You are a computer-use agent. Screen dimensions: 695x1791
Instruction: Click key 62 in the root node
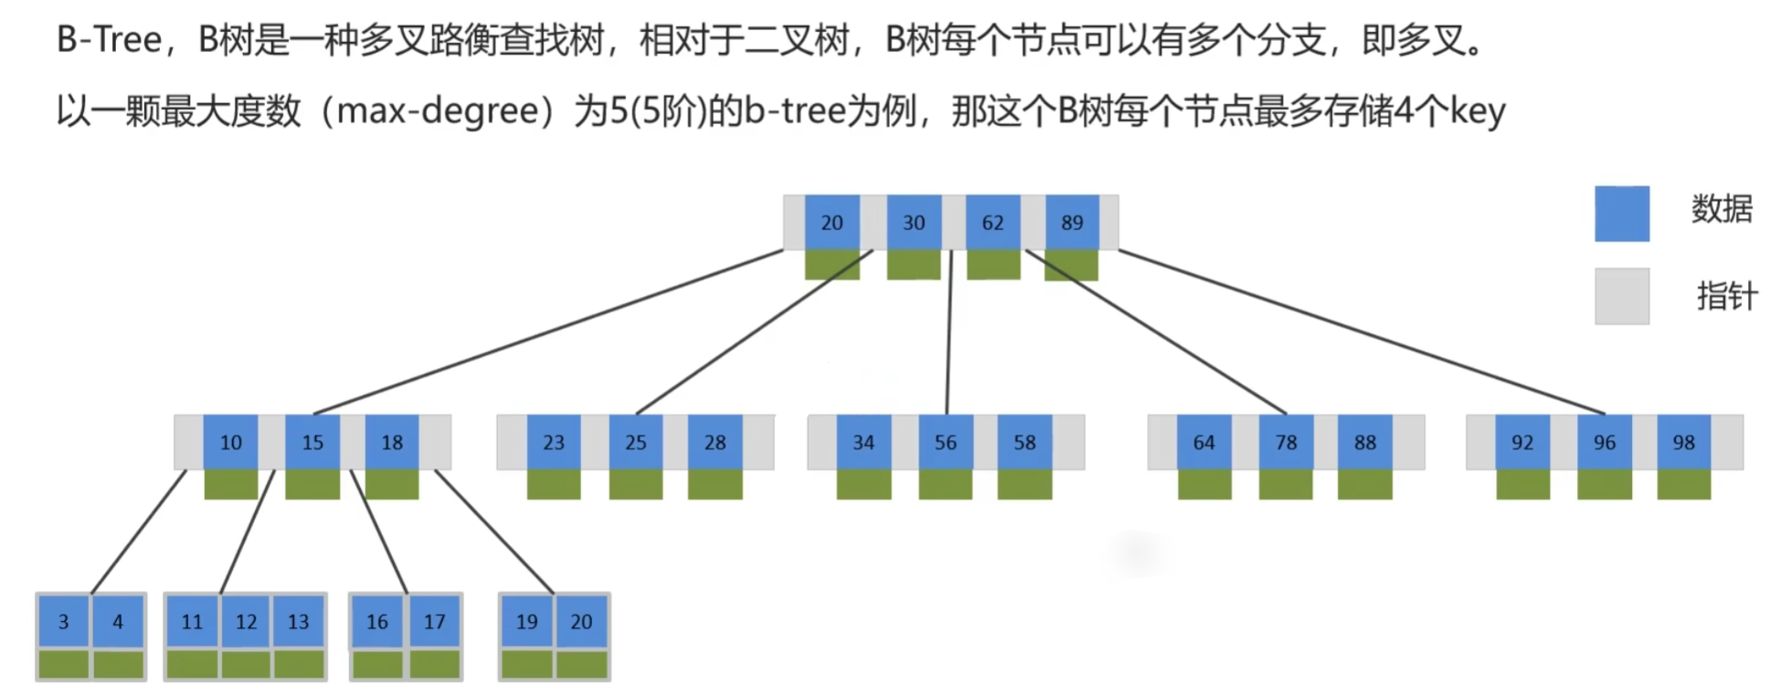point(992,222)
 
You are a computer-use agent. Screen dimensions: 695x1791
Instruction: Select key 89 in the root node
point(1071,222)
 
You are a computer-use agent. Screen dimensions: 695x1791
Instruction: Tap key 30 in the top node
point(914,222)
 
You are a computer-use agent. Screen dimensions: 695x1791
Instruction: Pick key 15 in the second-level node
point(313,442)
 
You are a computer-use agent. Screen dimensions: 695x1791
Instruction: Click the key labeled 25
point(635,442)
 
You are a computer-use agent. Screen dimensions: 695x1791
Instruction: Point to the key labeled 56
point(945,442)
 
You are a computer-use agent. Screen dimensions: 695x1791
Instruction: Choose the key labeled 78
point(1286,442)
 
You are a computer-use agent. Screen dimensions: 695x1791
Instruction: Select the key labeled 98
point(1683,442)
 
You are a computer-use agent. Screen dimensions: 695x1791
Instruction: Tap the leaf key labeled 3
point(63,622)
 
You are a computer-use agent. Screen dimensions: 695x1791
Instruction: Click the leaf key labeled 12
point(246,622)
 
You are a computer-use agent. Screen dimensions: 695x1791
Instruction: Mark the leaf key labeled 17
point(434,622)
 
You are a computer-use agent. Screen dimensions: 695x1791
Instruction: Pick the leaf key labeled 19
point(526,622)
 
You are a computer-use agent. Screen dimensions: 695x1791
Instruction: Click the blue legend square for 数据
point(1622,214)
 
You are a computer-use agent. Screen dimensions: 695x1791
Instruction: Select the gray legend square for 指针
point(1622,296)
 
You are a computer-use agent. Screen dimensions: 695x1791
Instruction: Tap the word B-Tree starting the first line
point(109,40)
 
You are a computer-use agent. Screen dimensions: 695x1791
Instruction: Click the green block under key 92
point(1522,484)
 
